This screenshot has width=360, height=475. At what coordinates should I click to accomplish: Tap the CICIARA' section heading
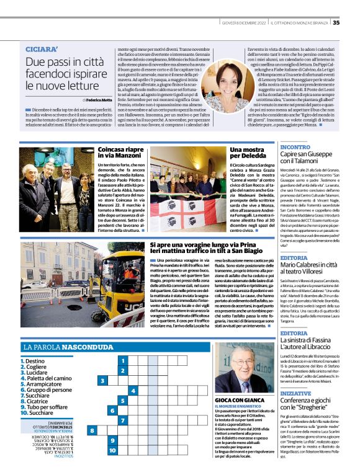(42, 49)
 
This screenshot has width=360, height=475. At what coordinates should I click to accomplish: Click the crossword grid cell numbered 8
(92, 430)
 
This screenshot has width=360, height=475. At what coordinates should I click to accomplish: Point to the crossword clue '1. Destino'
(35, 360)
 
